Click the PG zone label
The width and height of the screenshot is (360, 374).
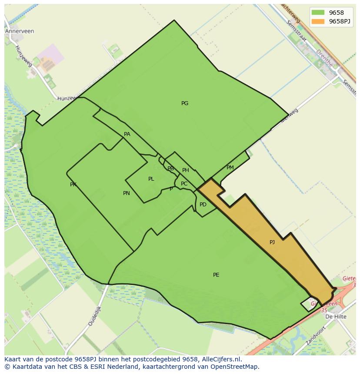(x=185, y=103)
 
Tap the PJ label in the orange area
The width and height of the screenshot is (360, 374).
(x=272, y=242)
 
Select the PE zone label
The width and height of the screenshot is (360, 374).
(x=216, y=275)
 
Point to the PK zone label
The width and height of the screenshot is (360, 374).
(x=73, y=185)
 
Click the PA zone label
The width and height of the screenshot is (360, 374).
(x=127, y=134)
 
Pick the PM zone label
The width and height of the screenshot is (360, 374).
(x=230, y=168)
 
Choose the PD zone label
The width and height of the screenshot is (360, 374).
(x=203, y=205)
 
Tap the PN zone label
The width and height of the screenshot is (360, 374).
(x=127, y=193)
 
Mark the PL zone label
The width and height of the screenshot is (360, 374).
(x=151, y=179)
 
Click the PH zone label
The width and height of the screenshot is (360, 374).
(x=186, y=170)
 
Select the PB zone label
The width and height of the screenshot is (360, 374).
(x=170, y=169)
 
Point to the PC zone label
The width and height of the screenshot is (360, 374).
(x=184, y=184)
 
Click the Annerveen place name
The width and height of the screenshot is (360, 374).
(x=20, y=31)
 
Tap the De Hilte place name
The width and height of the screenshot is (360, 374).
(x=336, y=317)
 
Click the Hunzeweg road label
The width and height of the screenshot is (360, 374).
(x=23, y=56)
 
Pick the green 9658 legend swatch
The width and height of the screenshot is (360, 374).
(x=318, y=13)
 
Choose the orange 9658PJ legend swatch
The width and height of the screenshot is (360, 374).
(x=318, y=21)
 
